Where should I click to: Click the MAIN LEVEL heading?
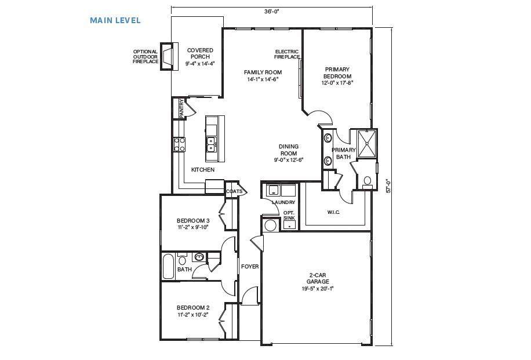[115, 20]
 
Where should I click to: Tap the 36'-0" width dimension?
[272, 11]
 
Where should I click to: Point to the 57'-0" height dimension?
[389, 186]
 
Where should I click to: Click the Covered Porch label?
[200, 53]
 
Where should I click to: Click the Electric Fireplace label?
[287, 54]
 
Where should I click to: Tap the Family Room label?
[263, 72]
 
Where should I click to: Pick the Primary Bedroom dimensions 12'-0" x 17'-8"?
[337, 82]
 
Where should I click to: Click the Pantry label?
[182, 108]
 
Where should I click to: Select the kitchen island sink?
[211, 144]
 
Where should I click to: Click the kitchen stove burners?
[179, 144]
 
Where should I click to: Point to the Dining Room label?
[289, 150]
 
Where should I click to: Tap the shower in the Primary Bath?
[366, 143]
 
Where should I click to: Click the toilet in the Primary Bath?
[367, 182]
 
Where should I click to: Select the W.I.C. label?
[333, 212]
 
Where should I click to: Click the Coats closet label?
[234, 191]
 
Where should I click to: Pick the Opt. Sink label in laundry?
[289, 215]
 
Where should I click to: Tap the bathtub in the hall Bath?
[168, 266]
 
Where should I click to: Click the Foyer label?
[250, 267]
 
